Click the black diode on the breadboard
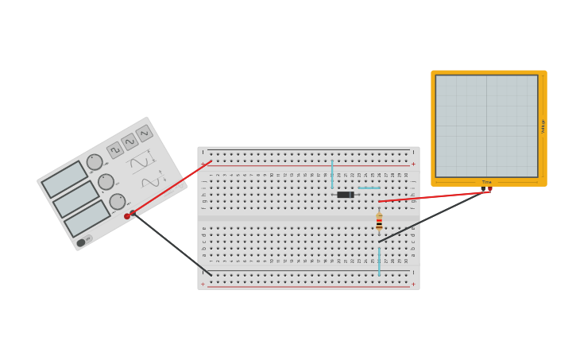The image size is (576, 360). (x=345, y=195)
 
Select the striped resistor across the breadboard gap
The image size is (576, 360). (x=379, y=222)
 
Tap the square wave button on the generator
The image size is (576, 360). (x=114, y=150)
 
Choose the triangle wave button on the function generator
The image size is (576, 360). (x=130, y=141)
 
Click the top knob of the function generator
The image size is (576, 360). (x=95, y=162)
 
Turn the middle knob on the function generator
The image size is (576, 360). (x=106, y=182)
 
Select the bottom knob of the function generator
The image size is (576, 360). (x=117, y=202)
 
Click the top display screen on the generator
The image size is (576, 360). (x=64, y=180)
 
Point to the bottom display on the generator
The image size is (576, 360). (x=87, y=219)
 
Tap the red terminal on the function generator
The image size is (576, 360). (x=127, y=216)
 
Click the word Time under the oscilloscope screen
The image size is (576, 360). (x=486, y=182)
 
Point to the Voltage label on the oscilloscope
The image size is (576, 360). (x=543, y=126)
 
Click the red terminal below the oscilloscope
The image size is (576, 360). (x=489, y=189)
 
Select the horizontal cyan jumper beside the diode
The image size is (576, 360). (x=369, y=188)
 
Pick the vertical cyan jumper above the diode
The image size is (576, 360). (x=332, y=173)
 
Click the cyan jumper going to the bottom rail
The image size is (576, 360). (x=379, y=261)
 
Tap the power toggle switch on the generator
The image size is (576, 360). (x=81, y=242)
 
